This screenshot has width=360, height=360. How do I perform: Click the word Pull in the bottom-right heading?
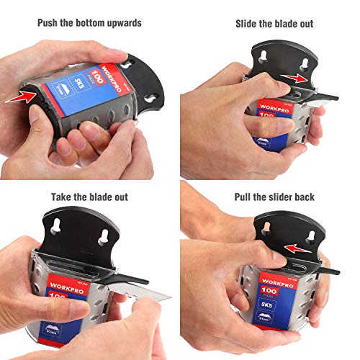245,197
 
